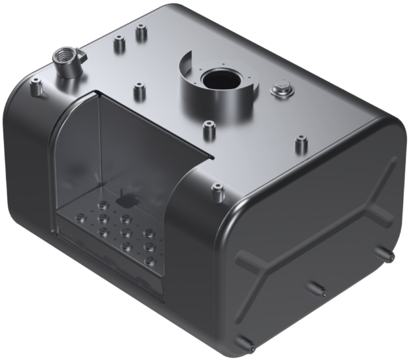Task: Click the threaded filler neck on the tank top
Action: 65,62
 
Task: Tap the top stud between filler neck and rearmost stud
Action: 118,44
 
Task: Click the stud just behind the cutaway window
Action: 138,90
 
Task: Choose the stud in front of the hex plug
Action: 302,142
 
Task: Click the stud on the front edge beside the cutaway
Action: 215,192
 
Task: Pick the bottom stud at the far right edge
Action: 386,253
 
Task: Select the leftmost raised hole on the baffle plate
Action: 80,217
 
